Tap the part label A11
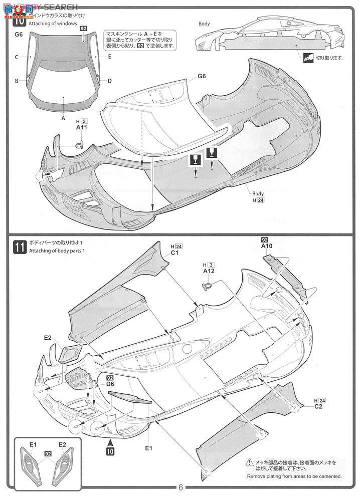pos(82,128)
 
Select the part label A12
pos(209,271)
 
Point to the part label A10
pos(266,246)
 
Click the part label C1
pos(175,253)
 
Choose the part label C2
pos(318,406)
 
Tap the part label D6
pos(110,384)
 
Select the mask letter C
pos(17,57)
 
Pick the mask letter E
pos(109,57)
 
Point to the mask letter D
pos(109,81)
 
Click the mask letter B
pos(17,81)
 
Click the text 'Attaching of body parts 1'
pos(57,251)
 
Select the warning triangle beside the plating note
pos(249,463)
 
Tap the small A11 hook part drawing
pos(78,145)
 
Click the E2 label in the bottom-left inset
pos(62,444)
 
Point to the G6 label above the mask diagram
pos(19,34)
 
